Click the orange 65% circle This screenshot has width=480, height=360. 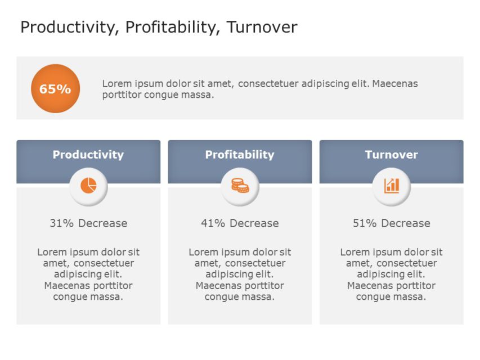point(55,88)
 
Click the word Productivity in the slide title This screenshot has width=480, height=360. point(68,27)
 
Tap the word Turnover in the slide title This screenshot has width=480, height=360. point(262,27)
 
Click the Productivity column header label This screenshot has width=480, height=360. point(88,155)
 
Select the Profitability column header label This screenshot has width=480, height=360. point(240,155)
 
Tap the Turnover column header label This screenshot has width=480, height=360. point(391,155)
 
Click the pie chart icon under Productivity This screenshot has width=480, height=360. point(88,186)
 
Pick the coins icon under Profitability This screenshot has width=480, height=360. point(240,186)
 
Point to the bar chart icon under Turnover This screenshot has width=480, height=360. point(391,186)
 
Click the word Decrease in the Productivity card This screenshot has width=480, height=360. point(102,223)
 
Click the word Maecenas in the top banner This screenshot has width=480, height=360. point(394,84)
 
